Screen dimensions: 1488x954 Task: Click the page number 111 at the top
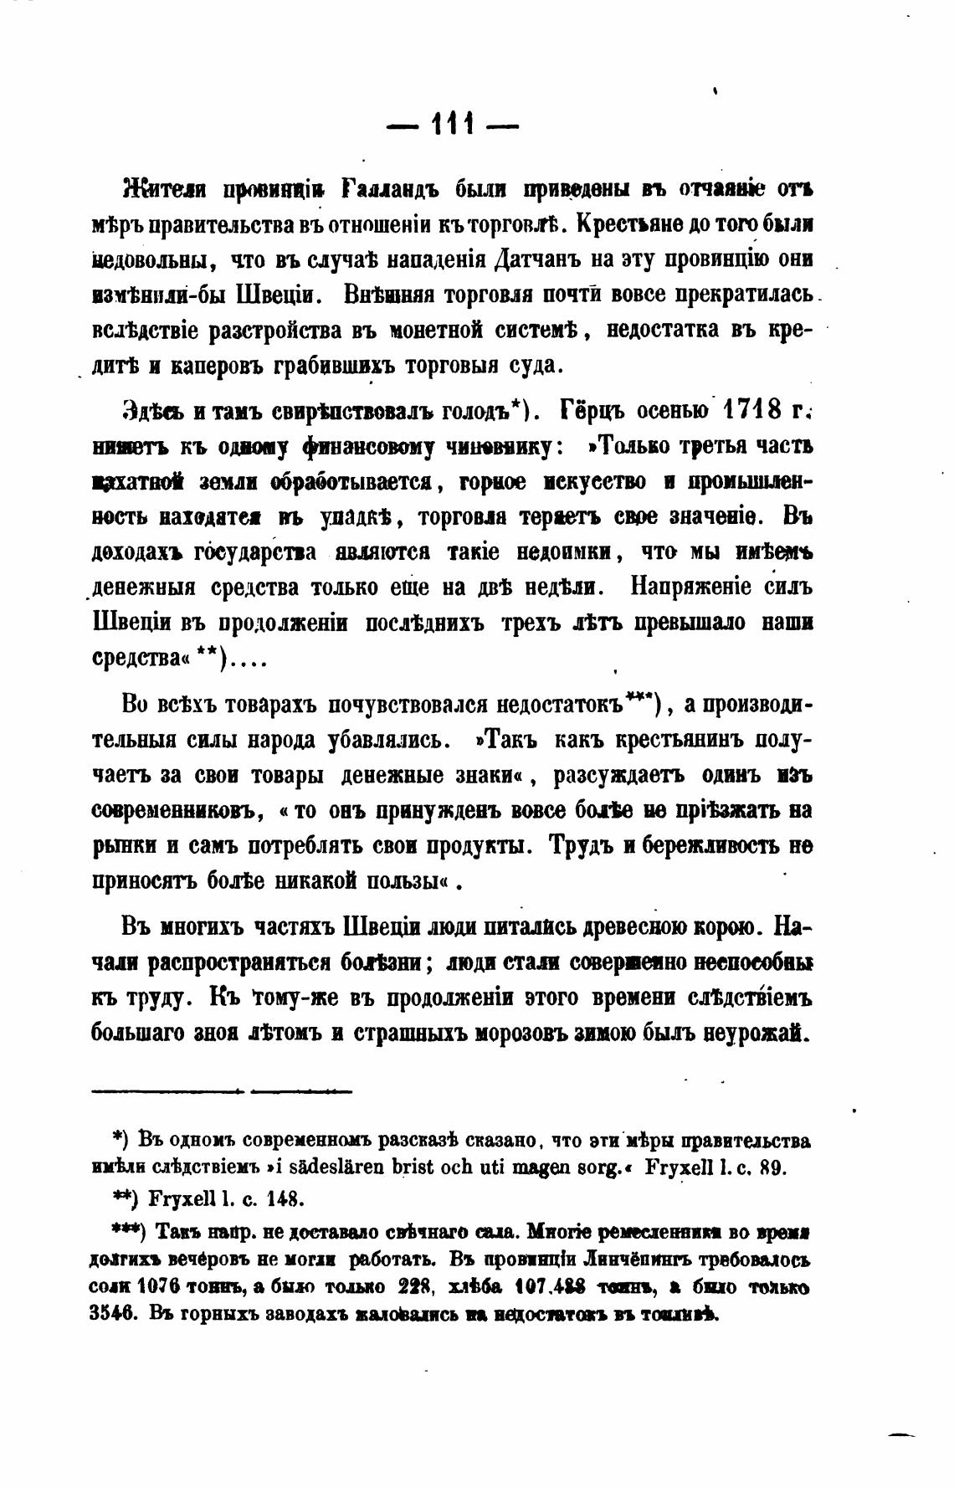[453, 126]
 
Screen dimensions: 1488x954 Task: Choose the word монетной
[448, 331]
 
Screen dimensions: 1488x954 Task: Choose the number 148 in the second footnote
[285, 1198]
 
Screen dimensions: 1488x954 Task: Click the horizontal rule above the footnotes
[222, 1090]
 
